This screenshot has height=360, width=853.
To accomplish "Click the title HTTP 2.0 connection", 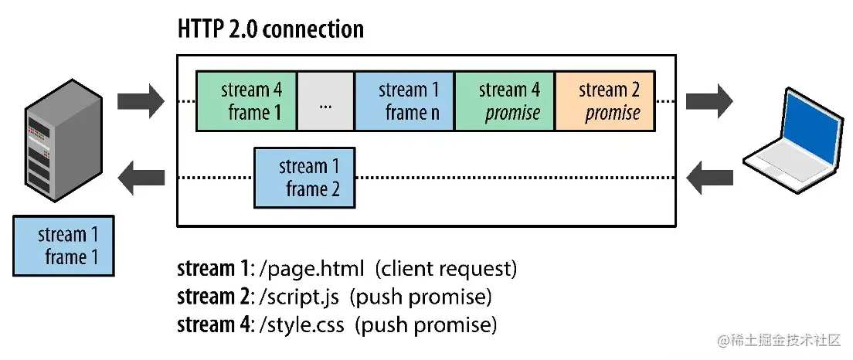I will click(270, 29).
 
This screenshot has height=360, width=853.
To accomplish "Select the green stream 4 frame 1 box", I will click(246, 100).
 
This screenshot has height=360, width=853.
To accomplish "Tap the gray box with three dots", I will click(325, 101).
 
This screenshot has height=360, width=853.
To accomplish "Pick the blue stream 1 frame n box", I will click(404, 100).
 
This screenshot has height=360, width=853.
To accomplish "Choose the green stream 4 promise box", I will click(505, 100).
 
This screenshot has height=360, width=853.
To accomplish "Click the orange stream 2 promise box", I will click(605, 100).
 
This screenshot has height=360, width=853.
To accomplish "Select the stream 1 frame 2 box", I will click(305, 178).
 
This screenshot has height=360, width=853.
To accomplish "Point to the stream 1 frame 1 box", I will click(64, 246).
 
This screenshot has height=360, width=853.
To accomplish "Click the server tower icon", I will click(63, 143).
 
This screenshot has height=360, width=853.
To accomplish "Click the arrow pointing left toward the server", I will click(141, 178).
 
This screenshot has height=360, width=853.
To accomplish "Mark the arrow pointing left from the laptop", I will click(709, 178).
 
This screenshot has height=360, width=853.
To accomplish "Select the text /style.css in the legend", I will click(304, 324).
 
